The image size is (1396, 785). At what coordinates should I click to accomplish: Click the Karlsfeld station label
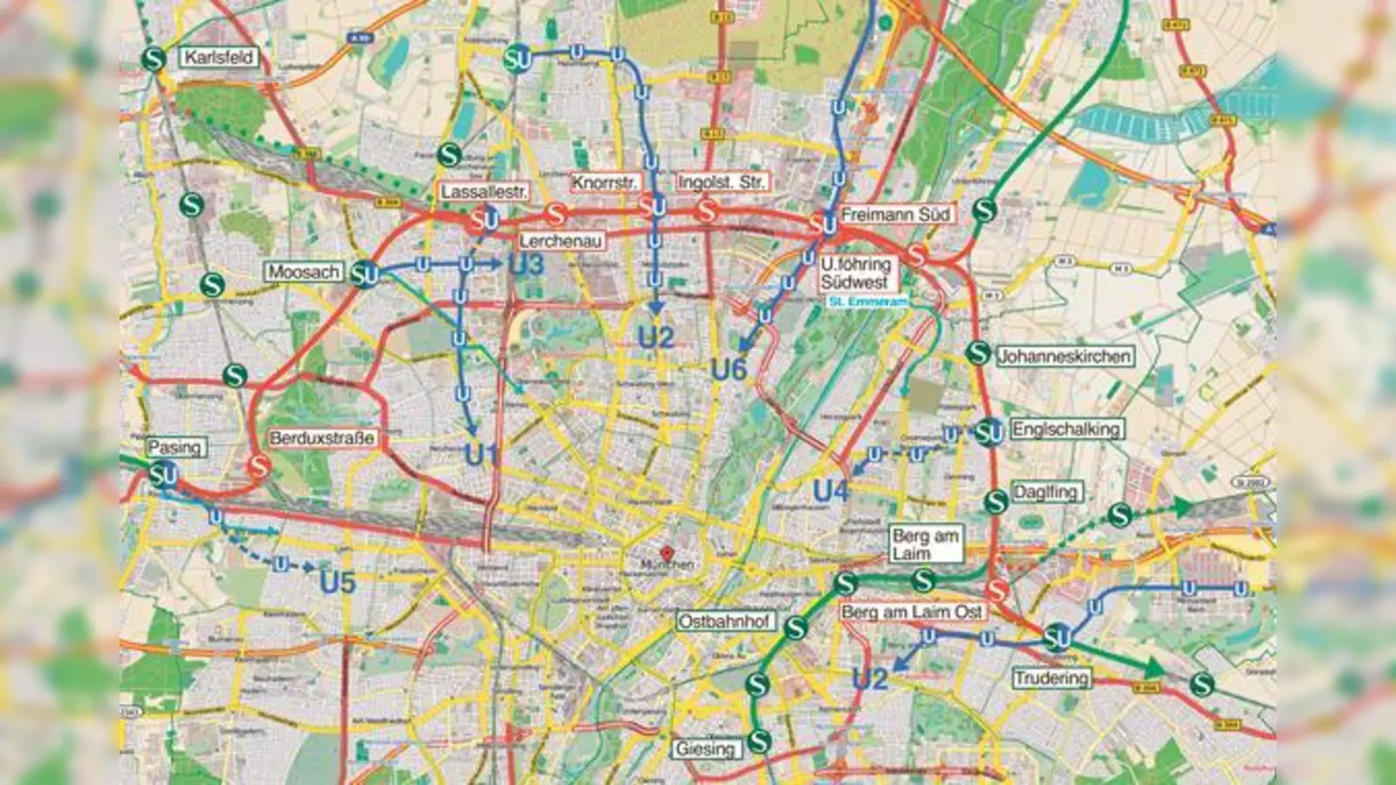(x=219, y=58)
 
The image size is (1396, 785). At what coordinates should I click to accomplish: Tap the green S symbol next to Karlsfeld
(x=154, y=59)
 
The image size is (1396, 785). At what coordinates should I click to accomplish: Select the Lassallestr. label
(x=484, y=192)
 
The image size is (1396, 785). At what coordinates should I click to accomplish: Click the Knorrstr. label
(x=605, y=183)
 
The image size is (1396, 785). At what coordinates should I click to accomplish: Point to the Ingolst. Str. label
(x=722, y=183)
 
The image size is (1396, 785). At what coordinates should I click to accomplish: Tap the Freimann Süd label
(x=894, y=214)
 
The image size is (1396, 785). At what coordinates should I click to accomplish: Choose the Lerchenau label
(x=561, y=242)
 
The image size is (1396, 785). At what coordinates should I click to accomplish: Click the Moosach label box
(x=304, y=272)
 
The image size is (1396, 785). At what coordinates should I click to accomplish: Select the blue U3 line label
(x=526, y=265)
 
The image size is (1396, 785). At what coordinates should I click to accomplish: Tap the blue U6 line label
(x=729, y=370)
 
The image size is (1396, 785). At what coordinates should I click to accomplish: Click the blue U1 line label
(x=482, y=454)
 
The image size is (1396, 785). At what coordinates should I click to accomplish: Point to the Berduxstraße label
(x=322, y=438)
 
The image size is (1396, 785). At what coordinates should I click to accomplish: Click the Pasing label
(x=174, y=447)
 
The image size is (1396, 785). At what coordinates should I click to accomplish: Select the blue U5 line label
(x=338, y=582)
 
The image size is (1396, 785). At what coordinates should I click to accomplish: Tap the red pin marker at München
(x=667, y=553)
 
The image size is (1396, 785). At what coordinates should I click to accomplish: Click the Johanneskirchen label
(x=1064, y=356)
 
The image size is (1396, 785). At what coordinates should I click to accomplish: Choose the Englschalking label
(x=1066, y=429)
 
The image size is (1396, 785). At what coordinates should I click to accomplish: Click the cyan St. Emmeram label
(x=867, y=302)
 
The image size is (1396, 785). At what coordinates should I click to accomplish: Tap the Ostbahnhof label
(x=725, y=621)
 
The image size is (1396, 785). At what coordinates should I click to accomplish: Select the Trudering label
(x=1051, y=678)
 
